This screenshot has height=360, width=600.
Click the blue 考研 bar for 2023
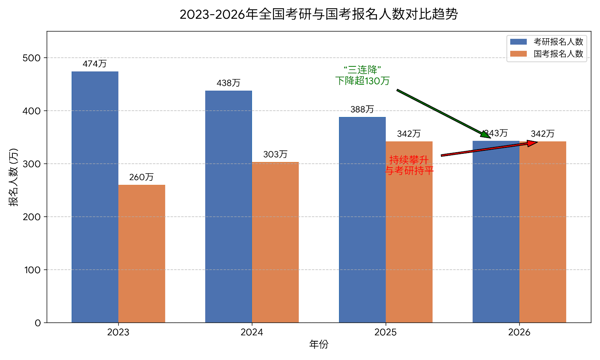tap(95, 197)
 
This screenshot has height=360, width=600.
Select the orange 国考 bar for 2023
tap(142, 253)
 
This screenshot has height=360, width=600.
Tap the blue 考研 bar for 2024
tap(228, 206)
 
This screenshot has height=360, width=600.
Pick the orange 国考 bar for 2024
tap(275, 242)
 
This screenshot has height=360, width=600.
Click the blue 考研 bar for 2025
tap(362, 220)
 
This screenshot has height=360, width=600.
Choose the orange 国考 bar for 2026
tap(543, 232)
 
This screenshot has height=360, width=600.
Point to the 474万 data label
tap(94, 64)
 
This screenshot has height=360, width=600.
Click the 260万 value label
tap(141, 177)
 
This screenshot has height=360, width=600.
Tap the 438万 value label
tap(228, 83)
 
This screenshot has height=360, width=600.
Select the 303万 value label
tap(275, 154)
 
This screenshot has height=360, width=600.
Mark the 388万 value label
tap(362, 109)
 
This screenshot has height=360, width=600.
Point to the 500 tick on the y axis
tap(31, 58)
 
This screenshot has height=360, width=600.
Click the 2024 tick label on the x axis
tap(252, 332)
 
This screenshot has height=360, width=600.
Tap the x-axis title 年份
tap(319, 344)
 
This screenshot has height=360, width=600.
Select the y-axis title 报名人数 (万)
tap(13, 177)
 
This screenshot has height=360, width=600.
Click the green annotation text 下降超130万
tap(362, 81)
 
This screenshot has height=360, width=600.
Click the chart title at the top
tap(319, 14)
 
